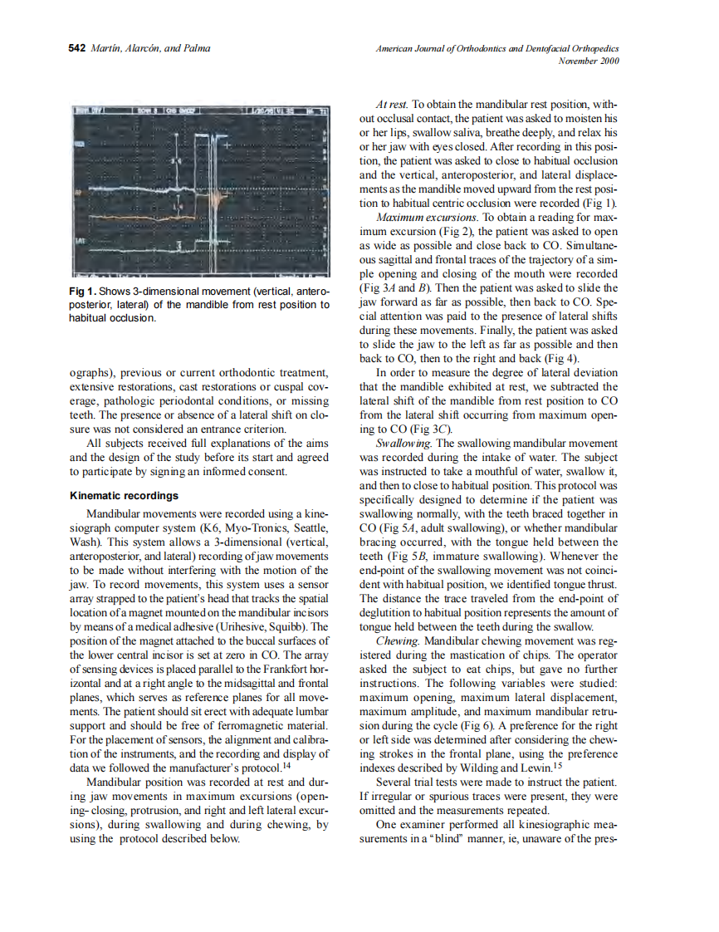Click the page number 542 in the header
click(x=76, y=48)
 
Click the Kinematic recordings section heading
click(x=123, y=496)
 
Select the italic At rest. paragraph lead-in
click(x=392, y=105)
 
